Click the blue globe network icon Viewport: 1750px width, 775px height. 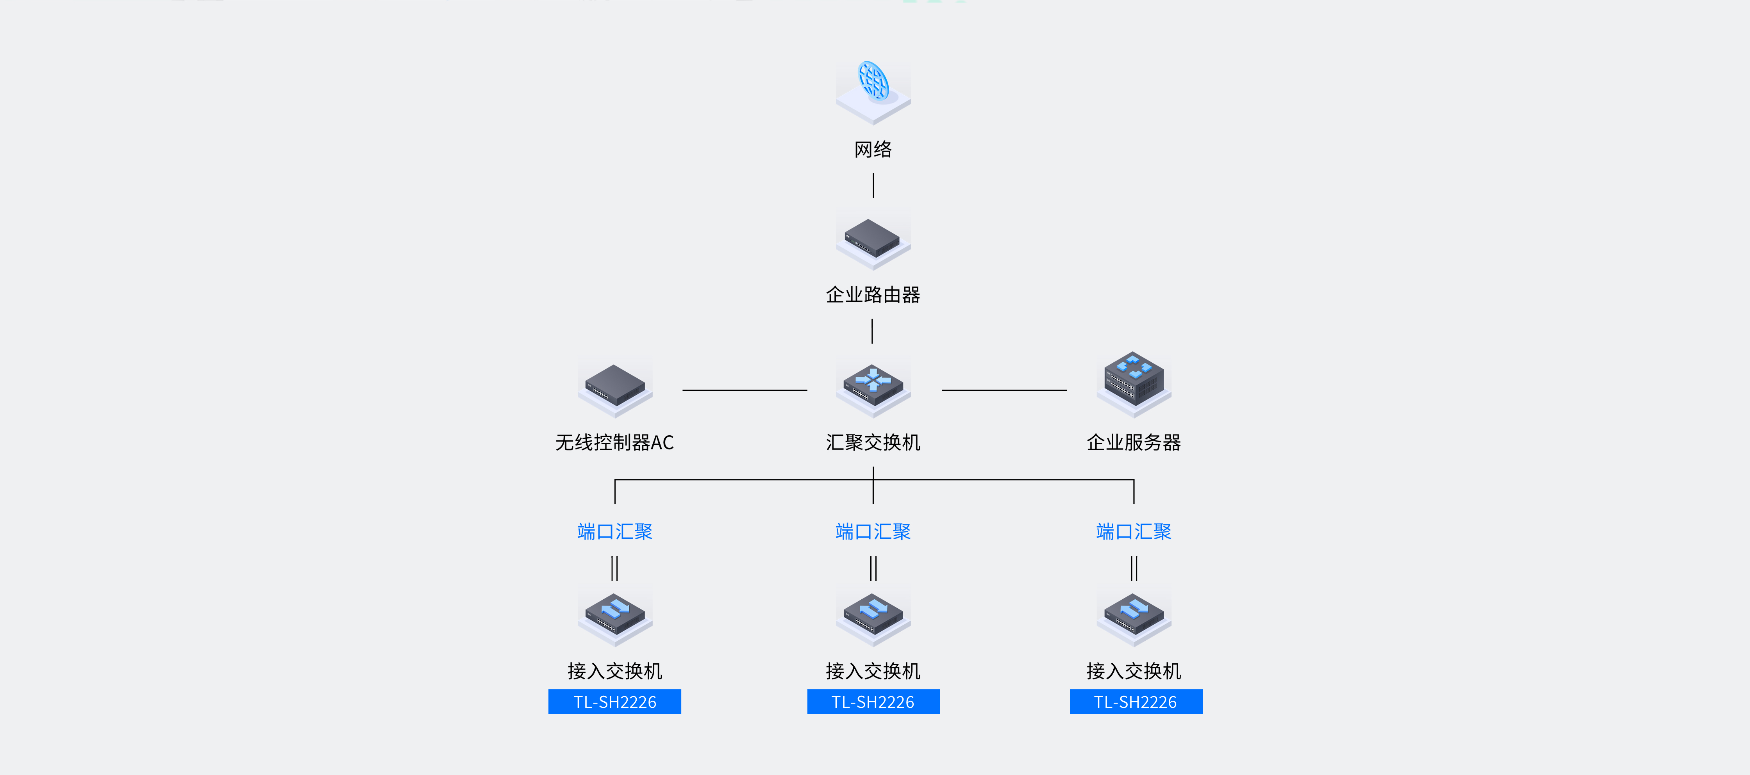873,84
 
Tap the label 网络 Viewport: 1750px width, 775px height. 873,150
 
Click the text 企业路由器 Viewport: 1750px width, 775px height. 873,295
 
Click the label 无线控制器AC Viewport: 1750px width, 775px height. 615,443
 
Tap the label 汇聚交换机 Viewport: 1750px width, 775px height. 873,443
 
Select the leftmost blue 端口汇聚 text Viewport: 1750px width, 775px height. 615,532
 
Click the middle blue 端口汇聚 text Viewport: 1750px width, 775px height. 873,532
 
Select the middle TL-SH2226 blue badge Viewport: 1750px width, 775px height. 873,702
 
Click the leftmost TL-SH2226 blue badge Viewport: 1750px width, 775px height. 615,702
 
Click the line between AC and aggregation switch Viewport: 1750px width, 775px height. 745,390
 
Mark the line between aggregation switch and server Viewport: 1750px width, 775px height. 1004,390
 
